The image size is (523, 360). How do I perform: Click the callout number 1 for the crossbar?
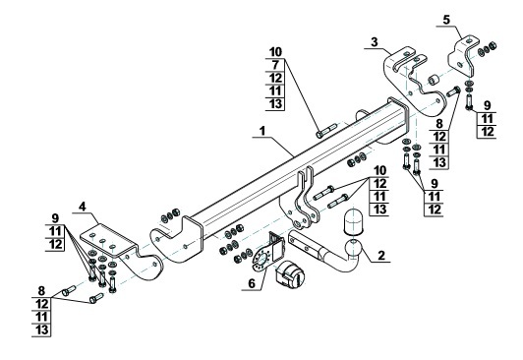click(x=262, y=131)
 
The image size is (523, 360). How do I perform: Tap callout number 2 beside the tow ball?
click(x=380, y=255)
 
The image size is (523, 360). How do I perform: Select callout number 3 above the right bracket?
click(x=375, y=42)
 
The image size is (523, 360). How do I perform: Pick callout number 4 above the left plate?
click(x=82, y=207)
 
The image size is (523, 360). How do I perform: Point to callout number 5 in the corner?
click(x=446, y=20)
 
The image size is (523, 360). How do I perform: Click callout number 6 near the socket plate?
click(x=252, y=283)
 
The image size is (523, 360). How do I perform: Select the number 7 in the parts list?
click(x=275, y=65)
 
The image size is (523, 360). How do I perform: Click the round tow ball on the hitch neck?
click(x=353, y=249)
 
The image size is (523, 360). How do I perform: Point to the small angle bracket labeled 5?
click(x=463, y=55)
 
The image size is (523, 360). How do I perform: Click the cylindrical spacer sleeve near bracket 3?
click(x=434, y=80)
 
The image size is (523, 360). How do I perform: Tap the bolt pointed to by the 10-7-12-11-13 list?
click(x=325, y=131)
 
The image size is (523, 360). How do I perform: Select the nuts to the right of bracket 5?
click(x=487, y=49)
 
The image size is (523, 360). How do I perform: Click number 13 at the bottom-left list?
click(x=41, y=330)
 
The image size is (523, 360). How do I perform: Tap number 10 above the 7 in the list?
click(x=275, y=52)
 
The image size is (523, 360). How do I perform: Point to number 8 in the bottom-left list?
click(x=41, y=291)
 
